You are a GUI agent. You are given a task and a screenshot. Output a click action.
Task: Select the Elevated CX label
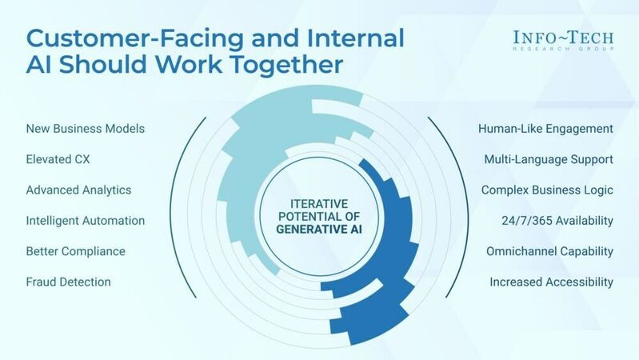click(58, 159)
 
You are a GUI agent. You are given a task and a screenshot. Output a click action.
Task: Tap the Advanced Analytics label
click(78, 190)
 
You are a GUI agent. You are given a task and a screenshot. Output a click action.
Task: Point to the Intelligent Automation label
click(86, 221)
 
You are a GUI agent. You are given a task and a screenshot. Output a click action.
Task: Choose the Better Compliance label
click(76, 251)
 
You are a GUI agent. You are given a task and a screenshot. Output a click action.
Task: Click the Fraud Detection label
click(69, 282)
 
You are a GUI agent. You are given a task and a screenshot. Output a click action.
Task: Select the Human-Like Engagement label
click(545, 129)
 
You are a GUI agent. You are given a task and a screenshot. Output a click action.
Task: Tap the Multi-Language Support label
click(549, 159)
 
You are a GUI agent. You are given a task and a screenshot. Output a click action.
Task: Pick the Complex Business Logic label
click(547, 190)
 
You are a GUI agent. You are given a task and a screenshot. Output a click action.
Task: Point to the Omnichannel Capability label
click(549, 251)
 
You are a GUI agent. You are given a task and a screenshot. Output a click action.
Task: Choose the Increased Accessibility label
click(551, 282)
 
